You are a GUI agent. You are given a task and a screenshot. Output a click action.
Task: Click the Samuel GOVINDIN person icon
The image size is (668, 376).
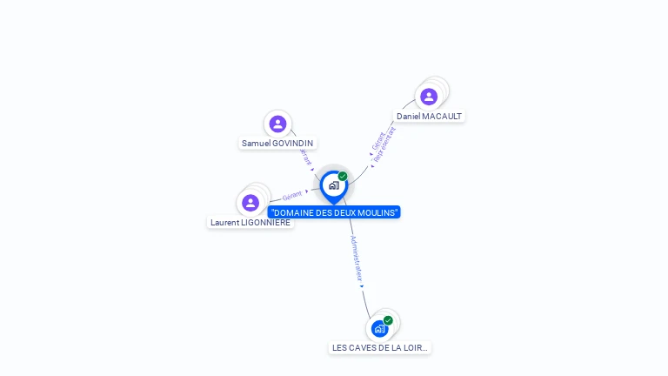pyautogui.click(x=277, y=124)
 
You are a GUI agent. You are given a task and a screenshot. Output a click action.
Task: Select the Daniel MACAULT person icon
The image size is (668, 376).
pyautogui.click(x=428, y=97)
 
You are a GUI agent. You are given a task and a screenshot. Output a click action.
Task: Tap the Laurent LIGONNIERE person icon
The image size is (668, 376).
pyautogui.click(x=250, y=203)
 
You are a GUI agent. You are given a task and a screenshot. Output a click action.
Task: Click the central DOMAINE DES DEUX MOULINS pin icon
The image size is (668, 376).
pyautogui.click(x=333, y=185)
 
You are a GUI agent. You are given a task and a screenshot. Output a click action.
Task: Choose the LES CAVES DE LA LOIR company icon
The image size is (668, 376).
pyautogui.click(x=379, y=329)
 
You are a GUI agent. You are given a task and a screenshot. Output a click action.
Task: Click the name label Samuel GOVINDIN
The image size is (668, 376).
pyautogui.click(x=277, y=144)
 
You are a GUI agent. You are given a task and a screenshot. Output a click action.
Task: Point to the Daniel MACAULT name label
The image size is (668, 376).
pyautogui.click(x=429, y=117)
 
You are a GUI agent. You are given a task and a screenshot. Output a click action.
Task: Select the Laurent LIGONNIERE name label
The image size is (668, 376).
pyautogui.click(x=250, y=223)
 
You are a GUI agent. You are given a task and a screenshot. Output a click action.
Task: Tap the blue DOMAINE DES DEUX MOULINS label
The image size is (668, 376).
pyautogui.click(x=335, y=213)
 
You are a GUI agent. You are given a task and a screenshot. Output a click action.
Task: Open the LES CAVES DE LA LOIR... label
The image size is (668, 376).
pyautogui.click(x=380, y=348)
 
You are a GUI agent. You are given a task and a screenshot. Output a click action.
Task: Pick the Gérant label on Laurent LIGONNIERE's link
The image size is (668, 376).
pyautogui.click(x=291, y=196)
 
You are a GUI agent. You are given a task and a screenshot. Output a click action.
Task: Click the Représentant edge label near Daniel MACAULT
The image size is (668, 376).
pyautogui.click(x=384, y=144)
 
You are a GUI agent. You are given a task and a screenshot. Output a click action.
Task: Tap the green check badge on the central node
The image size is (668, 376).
pyautogui.click(x=343, y=177)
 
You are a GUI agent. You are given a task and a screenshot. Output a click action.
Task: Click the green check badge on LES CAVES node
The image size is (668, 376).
pyautogui.click(x=388, y=320)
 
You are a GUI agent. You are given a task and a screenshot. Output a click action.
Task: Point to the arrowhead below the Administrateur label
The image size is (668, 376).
pyautogui.click(x=361, y=285)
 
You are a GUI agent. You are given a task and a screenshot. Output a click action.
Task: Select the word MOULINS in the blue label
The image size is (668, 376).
pyautogui.click(x=379, y=213)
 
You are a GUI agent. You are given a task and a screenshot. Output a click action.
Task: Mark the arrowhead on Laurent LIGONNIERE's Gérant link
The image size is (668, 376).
pyautogui.click(x=307, y=191)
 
